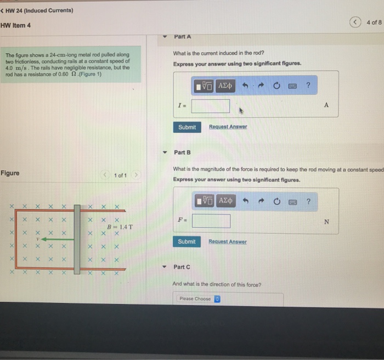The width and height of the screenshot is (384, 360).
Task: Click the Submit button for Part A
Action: click(x=187, y=127)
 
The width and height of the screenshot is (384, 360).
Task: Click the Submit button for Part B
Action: click(x=187, y=241)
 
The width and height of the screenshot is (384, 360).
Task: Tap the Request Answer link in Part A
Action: click(x=228, y=127)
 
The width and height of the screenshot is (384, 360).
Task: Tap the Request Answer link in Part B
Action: click(x=228, y=241)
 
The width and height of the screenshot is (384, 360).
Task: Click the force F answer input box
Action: click(x=211, y=221)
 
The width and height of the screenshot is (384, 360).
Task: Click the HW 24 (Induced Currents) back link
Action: click(x=37, y=10)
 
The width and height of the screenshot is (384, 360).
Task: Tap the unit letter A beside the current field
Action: click(x=326, y=105)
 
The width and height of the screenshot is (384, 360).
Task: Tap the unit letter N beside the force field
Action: click(x=327, y=222)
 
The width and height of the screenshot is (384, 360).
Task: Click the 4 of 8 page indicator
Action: click(x=373, y=22)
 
